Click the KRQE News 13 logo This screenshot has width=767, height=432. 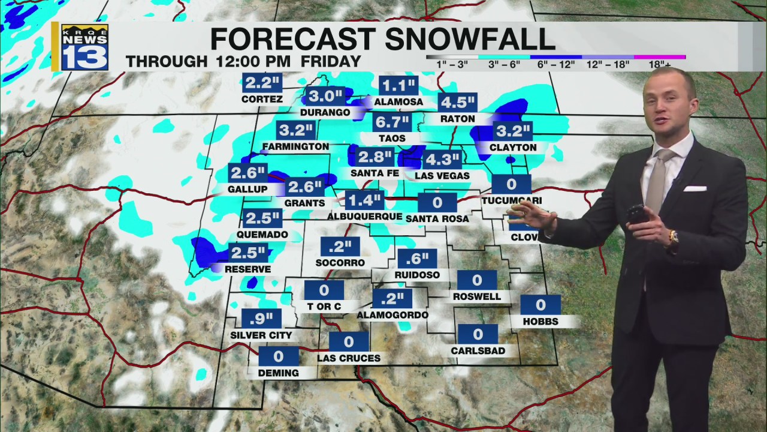[84, 47]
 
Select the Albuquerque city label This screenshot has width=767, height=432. [365, 217]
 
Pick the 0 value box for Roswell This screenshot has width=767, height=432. [477, 280]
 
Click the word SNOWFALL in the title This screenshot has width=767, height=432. [470, 39]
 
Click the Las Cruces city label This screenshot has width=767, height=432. [349, 358]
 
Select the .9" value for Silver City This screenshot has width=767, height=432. [261, 319]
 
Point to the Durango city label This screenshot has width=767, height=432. [326, 112]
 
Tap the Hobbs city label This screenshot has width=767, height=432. [540, 322]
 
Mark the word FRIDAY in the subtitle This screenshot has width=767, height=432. [331, 61]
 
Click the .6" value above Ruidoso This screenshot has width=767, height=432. [417, 259]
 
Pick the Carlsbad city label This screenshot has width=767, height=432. [478, 350]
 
